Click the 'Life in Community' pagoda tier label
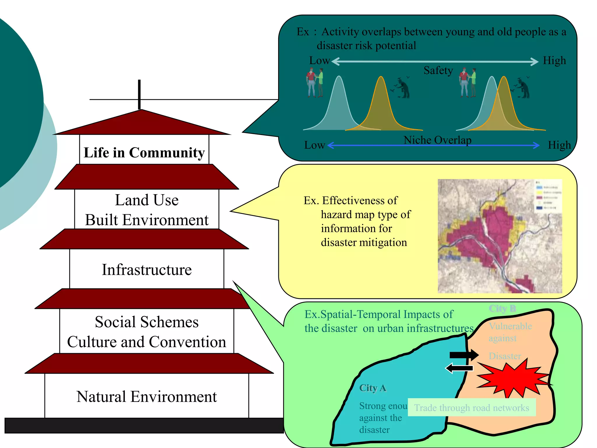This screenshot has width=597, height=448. [x=144, y=153]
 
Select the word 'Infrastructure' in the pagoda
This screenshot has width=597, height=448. [x=147, y=269]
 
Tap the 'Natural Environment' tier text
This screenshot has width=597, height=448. [x=147, y=397]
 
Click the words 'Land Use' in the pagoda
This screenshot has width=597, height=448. [x=147, y=200]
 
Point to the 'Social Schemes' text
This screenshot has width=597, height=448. [x=147, y=322]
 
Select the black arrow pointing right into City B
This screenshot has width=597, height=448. [x=463, y=355]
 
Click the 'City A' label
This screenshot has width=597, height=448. [x=373, y=388]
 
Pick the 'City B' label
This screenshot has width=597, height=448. [x=502, y=308]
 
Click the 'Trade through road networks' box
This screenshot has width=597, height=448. [x=471, y=407]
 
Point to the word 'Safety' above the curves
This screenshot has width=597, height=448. [x=438, y=70]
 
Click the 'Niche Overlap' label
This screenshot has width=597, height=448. [x=437, y=140]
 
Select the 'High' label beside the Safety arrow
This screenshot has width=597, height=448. [x=554, y=60]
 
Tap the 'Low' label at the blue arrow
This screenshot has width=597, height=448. [x=314, y=145]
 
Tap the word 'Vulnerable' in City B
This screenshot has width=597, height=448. [x=510, y=326]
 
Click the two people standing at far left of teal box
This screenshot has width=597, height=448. [x=315, y=83]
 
